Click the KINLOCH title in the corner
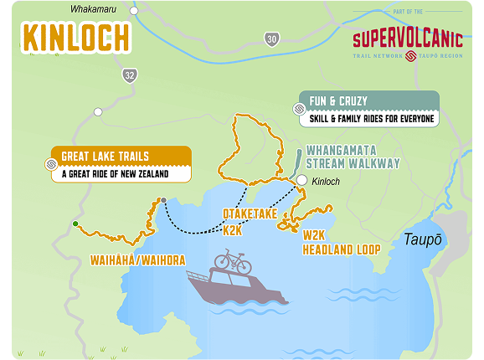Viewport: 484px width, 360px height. [x=76, y=38]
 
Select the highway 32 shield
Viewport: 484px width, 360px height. [x=128, y=75]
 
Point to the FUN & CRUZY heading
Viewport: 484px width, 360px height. [x=338, y=100]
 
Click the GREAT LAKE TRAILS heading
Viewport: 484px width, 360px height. [x=106, y=156]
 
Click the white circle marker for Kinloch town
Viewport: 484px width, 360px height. [x=301, y=180]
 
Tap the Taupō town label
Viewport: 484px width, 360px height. [x=420, y=239]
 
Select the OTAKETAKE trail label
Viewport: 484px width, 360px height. [x=250, y=213]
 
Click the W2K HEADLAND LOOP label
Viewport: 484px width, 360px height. [x=341, y=243]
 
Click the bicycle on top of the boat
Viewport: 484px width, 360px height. [x=233, y=262]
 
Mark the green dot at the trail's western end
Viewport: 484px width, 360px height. [x=75, y=224]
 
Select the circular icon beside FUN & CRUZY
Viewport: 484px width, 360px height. [x=297, y=110]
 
